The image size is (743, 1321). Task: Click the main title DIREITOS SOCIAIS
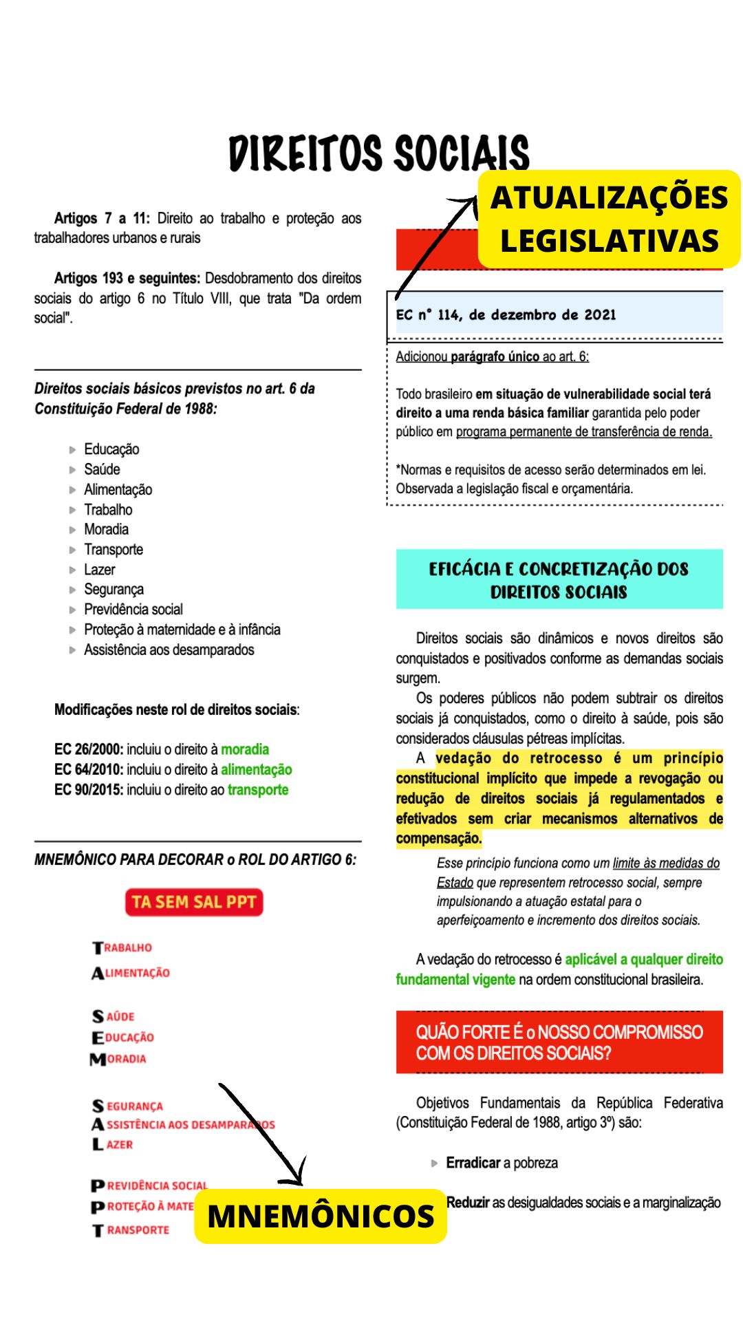(x=379, y=153)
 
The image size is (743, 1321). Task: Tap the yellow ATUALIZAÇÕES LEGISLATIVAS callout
(x=609, y=219)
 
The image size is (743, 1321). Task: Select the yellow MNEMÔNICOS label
(x=321, y=1216)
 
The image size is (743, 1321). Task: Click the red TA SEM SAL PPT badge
(x=194, y=902)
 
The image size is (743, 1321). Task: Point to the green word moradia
(x=245, y=749)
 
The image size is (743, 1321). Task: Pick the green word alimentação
(x=256, y=769)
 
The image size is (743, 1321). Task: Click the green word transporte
(x=258, y=790)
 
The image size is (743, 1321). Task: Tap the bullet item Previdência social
(x=133, y=610)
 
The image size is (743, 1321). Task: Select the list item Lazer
(x=100, y=570)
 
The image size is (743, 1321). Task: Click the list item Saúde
(x=102, y=469)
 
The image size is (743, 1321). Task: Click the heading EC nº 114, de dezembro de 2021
(x=506, y=315)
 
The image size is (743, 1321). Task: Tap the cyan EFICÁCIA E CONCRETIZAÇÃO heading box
(x=559, y=579)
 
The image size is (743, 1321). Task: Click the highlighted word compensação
(x=438, y=838)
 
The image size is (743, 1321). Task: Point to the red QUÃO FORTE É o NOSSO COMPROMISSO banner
(x=559, y=1042)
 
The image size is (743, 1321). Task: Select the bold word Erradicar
(x=473, y=1163)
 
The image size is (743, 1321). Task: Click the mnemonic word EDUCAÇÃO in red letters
(x=124, y=1038)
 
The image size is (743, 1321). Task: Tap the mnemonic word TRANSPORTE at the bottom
(x=131, y=1229)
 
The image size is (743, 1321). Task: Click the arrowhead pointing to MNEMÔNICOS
(x=298, y=1178)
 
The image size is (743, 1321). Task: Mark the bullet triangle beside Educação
(x=72, y=450)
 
